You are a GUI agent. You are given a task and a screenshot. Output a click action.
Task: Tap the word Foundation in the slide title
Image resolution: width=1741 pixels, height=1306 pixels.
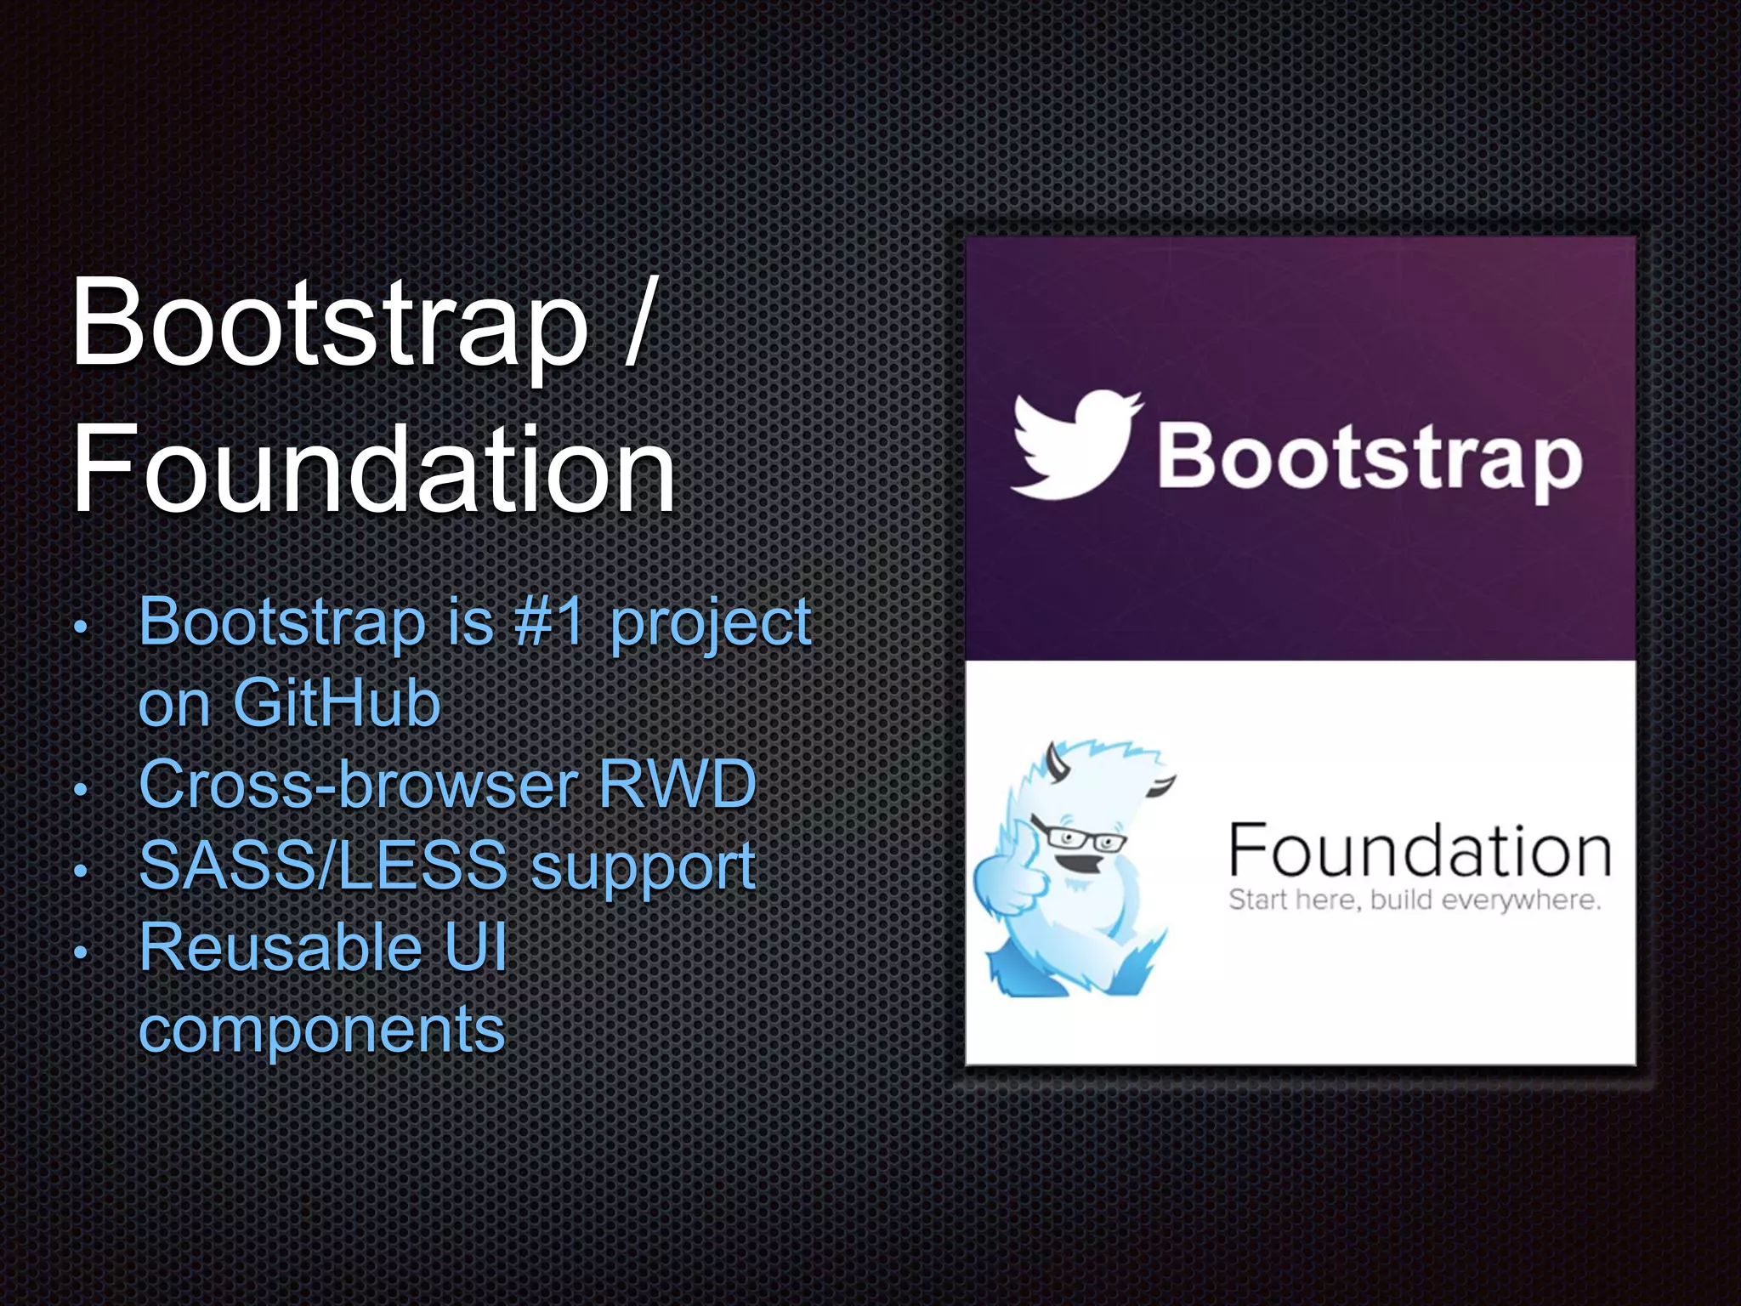[x=374, y=470]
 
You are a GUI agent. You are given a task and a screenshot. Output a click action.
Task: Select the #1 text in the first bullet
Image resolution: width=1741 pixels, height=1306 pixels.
[x=549, y=622]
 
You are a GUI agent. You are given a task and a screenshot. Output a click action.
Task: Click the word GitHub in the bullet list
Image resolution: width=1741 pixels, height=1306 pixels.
[x=337, y=703]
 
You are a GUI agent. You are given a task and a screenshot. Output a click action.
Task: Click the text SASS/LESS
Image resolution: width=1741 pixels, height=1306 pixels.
[x=323, y=866]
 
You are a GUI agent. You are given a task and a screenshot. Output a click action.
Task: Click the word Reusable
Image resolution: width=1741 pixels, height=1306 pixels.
[x=281, y=947]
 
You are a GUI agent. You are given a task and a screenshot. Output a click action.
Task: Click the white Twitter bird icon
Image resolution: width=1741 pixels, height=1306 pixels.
[x=1075, y=445]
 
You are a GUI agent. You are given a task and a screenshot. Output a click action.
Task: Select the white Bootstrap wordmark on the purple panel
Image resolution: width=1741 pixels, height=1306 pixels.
[x=1369, y=460]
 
